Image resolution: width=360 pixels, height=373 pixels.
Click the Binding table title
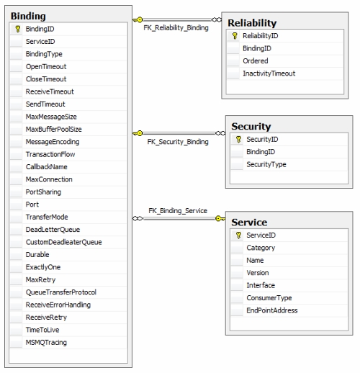(x=28, y=16)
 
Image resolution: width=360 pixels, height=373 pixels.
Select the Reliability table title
(x=252, y=23)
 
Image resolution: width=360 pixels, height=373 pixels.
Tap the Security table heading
(x=251, y=127)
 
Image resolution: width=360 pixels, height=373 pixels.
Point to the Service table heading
(x=249, y=223)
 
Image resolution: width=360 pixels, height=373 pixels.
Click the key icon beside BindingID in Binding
(x=17, y=29)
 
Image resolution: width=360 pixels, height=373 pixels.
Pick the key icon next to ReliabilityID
(x=235, y=36)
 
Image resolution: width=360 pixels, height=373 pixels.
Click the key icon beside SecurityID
(x=238, y=140)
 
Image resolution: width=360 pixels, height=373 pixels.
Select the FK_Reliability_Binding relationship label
(x=176, y=28)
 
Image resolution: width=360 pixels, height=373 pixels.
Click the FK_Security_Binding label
(x=178, y=142)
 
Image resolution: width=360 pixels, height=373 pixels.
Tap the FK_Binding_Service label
(x=178, y=211)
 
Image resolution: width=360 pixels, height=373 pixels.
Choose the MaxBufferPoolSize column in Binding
(x=54, y=130)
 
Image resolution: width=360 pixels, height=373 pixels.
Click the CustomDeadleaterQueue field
(x=64, y=242)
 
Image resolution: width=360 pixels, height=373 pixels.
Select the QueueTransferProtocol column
(x=61, y=292)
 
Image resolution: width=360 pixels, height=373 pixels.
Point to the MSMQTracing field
(x=46, y=343)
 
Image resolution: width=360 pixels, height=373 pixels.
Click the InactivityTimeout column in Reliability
(x=269, y=73)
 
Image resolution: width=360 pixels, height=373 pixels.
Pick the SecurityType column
(x=266, y=164)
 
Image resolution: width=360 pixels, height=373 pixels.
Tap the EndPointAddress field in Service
(x=272, y=310)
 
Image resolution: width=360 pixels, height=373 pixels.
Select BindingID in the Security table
(x=261, y=152)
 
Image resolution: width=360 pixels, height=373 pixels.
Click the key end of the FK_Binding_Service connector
(x=220, y=218)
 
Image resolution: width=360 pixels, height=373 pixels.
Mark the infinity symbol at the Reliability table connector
(x=217, y=19)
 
